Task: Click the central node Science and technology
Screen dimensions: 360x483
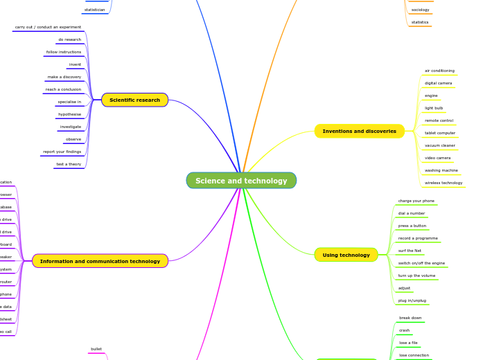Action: tap(241, 181)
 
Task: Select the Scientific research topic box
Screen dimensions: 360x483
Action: tap(134, 100)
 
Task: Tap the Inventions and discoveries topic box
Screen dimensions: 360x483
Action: tap(359, 131)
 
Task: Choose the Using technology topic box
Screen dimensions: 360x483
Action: tap(346, 255)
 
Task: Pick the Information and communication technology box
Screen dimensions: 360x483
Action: tap(100, 261)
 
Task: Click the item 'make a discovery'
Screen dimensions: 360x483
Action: tap(64, 77)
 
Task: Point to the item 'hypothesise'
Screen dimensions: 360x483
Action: tap(69, 114)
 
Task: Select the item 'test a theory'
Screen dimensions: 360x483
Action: tap(69, 164)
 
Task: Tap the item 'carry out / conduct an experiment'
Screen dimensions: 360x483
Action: tap(48, 27)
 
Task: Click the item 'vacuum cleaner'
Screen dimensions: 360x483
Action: tap(440, 145)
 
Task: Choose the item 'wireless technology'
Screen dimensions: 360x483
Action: tap(444, 183)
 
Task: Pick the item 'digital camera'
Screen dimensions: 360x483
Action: tap(438, 83)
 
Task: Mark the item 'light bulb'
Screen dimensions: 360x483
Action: tap(434, 108)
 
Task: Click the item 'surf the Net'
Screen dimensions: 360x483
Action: tap(410, 251)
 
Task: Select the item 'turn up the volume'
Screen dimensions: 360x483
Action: tap(416, 276)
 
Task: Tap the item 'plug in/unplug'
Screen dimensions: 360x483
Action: tap(412, 300)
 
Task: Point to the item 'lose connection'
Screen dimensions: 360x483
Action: tap(414, 355)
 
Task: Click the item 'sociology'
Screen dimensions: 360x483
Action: tap(420, 10)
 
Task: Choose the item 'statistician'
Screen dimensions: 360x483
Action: tap(95, 10)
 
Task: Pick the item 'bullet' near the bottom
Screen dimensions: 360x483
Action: tap(96, 349)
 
